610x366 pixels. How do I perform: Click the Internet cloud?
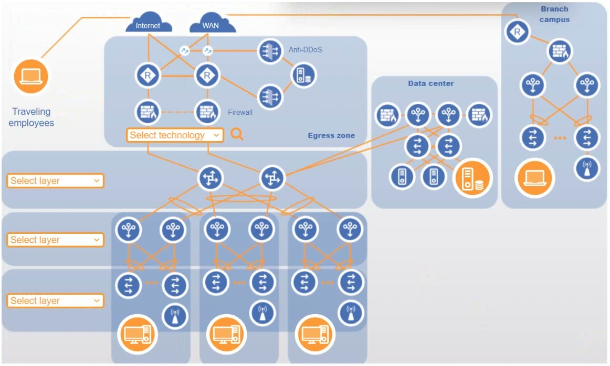coord(148,24)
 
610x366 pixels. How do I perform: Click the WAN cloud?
coord(211,24)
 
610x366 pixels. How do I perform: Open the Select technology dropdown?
coord(175,135)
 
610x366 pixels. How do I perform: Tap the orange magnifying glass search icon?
coord(237,134)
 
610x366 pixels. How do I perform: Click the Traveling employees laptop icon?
coord(30,77)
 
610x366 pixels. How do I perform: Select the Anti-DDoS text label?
coord(305,50)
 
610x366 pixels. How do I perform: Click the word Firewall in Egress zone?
coord(240,112)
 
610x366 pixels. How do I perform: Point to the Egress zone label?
coord(331,135)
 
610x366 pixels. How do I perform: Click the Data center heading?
coord(430,83)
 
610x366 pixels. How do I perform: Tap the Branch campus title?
coord(554,14)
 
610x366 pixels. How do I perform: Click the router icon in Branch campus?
coord(518,32)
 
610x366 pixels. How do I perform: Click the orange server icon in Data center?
coord(472,178)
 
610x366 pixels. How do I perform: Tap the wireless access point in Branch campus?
coord(586,169)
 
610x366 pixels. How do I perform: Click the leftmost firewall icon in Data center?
coord(388,115)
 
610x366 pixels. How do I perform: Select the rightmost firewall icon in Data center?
coord(479,115)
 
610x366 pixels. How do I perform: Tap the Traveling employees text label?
coord(31,117)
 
